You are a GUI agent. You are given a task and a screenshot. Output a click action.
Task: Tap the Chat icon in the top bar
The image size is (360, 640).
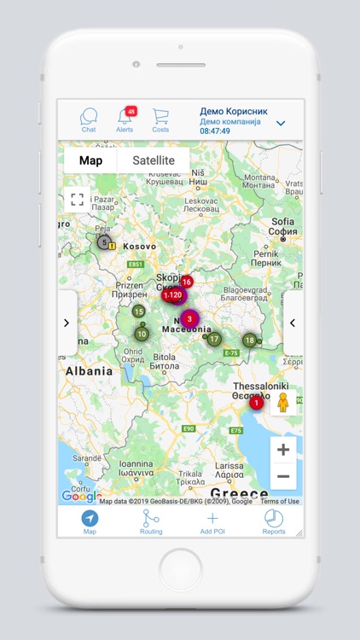89,118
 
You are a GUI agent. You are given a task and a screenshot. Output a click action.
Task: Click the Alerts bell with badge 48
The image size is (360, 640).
125,118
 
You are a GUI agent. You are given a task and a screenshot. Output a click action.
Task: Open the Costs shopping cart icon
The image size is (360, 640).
160,118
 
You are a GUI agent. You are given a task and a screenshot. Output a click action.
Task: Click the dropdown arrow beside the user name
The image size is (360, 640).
281,124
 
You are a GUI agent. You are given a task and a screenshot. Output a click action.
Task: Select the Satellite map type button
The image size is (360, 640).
153,160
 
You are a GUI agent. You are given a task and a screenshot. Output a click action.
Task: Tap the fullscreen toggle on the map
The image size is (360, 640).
77,200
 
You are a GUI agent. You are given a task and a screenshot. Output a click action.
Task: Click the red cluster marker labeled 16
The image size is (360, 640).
186,282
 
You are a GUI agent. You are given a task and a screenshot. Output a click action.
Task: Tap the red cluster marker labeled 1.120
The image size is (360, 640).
173,295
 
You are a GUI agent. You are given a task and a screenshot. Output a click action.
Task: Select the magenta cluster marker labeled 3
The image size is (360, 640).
189,319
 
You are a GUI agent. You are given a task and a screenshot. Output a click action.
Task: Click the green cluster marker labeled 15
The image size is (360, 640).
138,311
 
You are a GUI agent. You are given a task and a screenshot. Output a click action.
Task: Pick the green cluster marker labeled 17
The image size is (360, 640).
214,339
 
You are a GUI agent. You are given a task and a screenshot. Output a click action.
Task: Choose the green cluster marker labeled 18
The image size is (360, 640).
249,340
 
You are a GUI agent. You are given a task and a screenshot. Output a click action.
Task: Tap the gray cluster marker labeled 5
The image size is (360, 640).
104,242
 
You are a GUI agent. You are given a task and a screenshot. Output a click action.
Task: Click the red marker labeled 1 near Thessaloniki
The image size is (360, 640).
256,403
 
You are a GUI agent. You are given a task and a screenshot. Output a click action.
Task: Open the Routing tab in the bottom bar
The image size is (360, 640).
151,521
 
